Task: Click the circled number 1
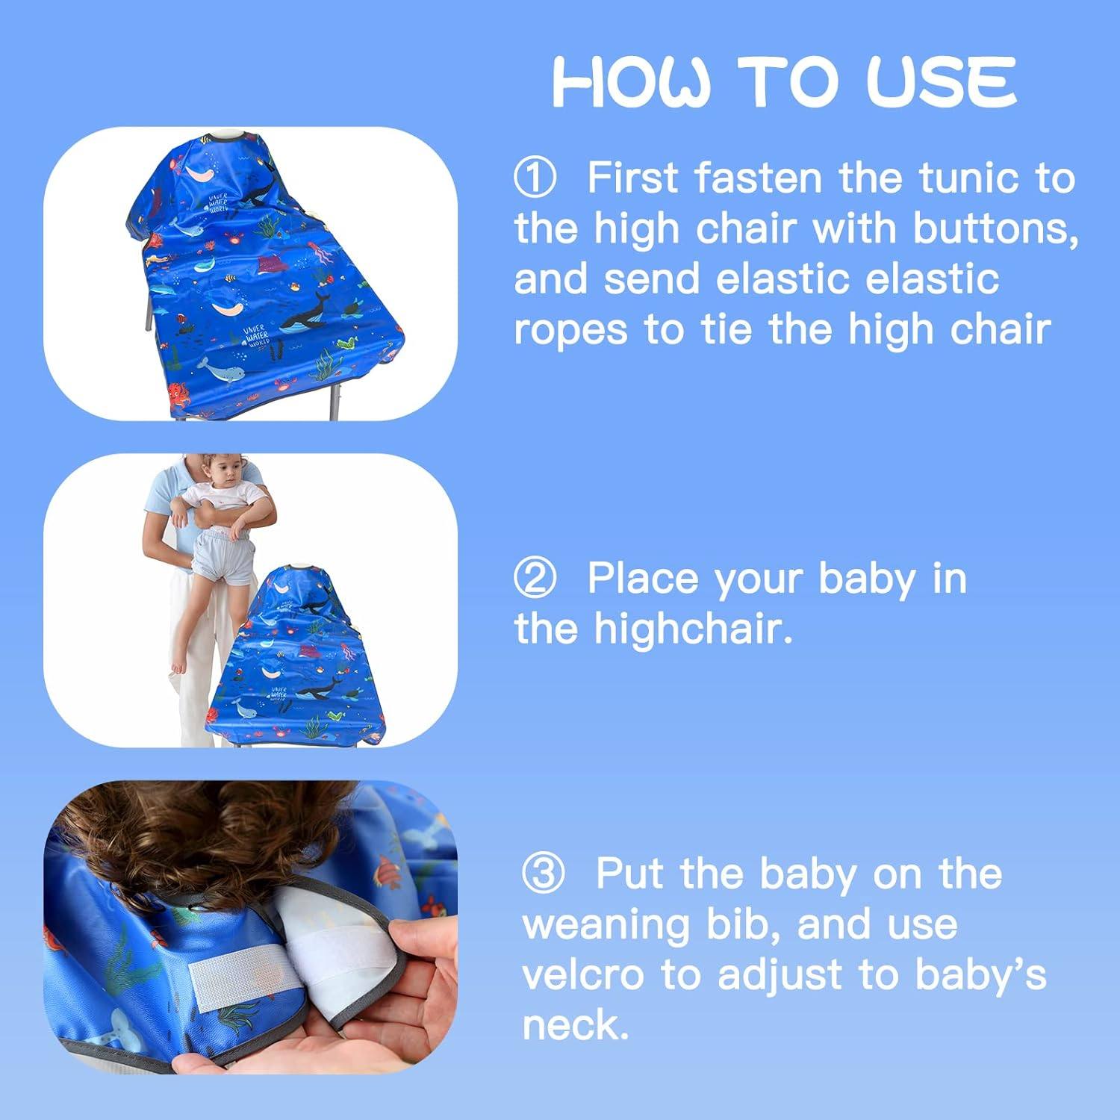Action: tap(535, 178)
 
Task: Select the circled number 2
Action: tap(535, 579)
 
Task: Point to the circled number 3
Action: tap(543, 874)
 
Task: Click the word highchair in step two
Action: tap(691, 629)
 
